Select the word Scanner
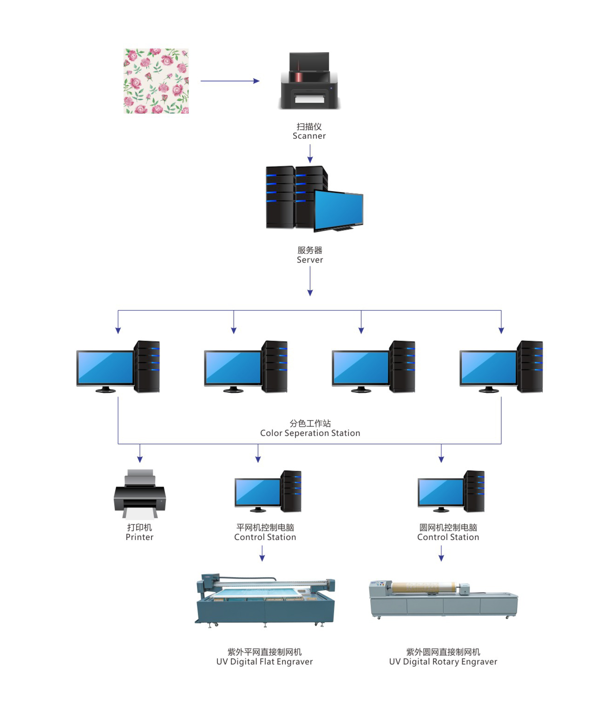pos(309,136)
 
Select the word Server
pos(310,260)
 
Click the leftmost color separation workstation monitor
pos(105,367)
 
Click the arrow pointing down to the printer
pos(140,454)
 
